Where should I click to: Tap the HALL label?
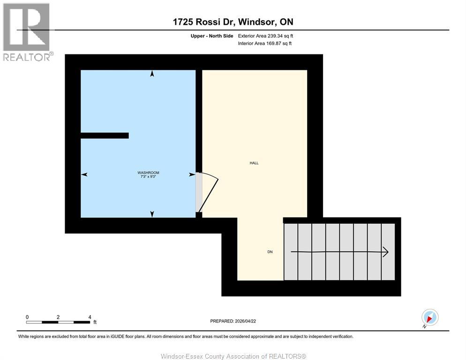click(254, 163)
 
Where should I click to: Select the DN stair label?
click(270, 252)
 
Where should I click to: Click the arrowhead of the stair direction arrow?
click(385, 252)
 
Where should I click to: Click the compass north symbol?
click(429, 317)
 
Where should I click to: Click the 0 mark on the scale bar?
click(27, 317)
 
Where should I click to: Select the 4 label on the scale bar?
click(89, 317)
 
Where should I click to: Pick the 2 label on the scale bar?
click(58, 317)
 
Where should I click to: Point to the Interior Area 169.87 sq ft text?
click(265, 44)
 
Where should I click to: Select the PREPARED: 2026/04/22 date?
click(233, 321)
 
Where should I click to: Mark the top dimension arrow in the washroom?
click(152, 74)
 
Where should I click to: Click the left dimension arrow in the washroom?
click(84, 174)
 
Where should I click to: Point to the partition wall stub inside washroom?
click(105, 135)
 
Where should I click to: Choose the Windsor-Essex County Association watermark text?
click(233, 356)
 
